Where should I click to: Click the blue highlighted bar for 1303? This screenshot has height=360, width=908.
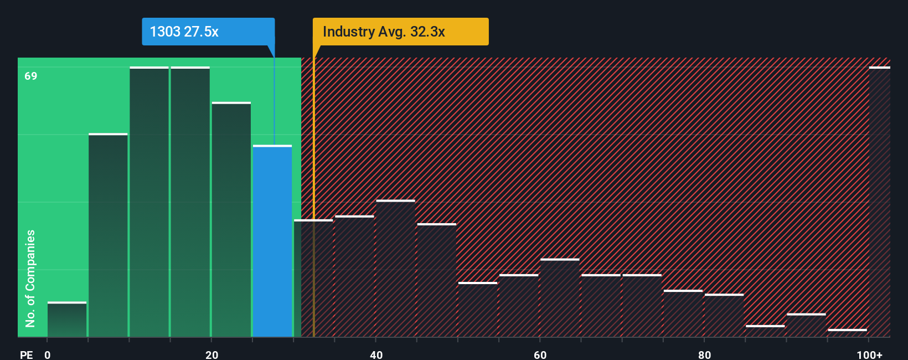(x=272, y=241)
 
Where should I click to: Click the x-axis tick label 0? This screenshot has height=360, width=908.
(x=48, y=354)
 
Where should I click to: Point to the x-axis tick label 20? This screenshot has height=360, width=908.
(x=211, y=354)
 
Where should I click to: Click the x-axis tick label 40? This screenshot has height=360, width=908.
(x=376, y=354)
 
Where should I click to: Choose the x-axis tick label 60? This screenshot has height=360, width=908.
(x=540, y=354)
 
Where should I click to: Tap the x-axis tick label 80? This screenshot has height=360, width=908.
(x=704, y=354)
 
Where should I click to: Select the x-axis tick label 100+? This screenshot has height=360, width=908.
(x=869, y=354)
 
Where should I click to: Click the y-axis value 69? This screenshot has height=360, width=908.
(x=31, y=76)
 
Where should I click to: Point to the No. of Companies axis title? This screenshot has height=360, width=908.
(x=30, y=278)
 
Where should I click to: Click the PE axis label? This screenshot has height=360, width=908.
(x=26, y=354)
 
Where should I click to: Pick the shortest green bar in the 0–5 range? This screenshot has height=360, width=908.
(x=67, y=320)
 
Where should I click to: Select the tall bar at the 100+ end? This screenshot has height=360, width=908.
(x=879, y=202)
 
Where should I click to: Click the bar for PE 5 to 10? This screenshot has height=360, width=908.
(x=108, y=235)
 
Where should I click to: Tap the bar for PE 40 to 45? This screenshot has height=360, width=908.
(x=395, y=269)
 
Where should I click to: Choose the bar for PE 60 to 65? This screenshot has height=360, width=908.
(x=560, y=298)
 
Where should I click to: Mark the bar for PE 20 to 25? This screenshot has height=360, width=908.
(x=231, y=220)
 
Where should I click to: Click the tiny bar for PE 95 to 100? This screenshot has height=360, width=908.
(x=847, y=333)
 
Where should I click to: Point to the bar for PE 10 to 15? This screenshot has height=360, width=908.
(x=149, y=202)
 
